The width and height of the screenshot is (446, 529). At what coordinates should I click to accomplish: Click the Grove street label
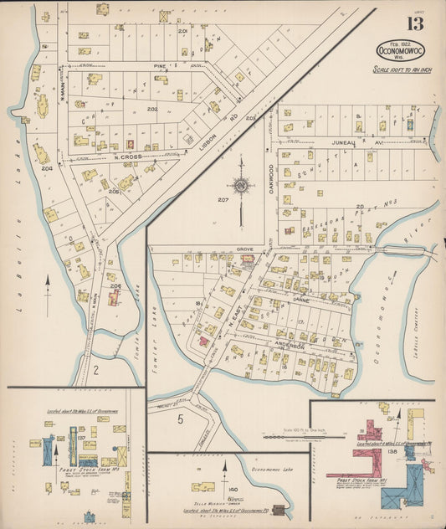(245, 249)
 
